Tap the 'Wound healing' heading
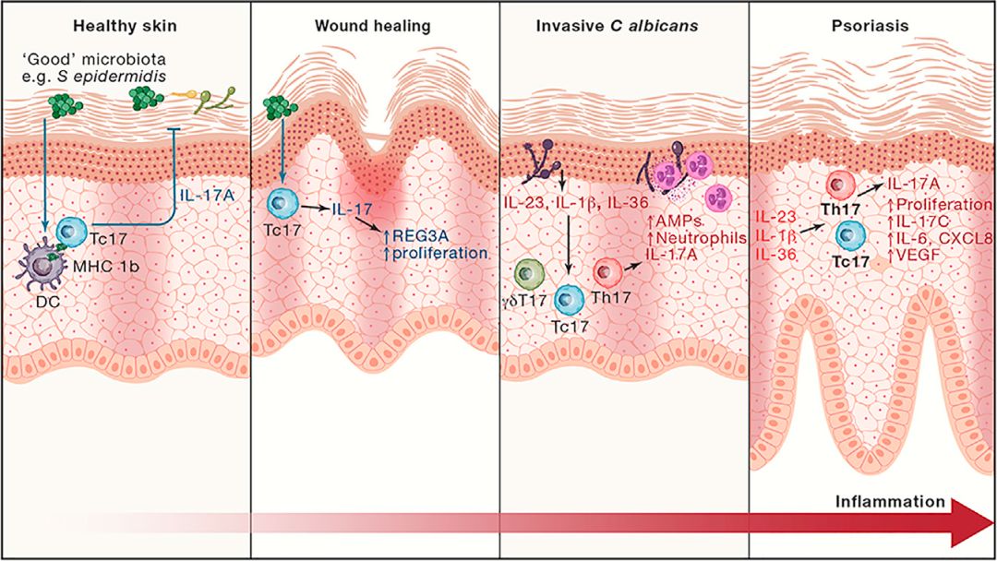(x=376, y=26)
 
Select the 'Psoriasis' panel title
(x=871, y=26)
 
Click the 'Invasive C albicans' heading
(x=623, y=26)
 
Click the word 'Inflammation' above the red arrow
(x=890, y=502)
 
